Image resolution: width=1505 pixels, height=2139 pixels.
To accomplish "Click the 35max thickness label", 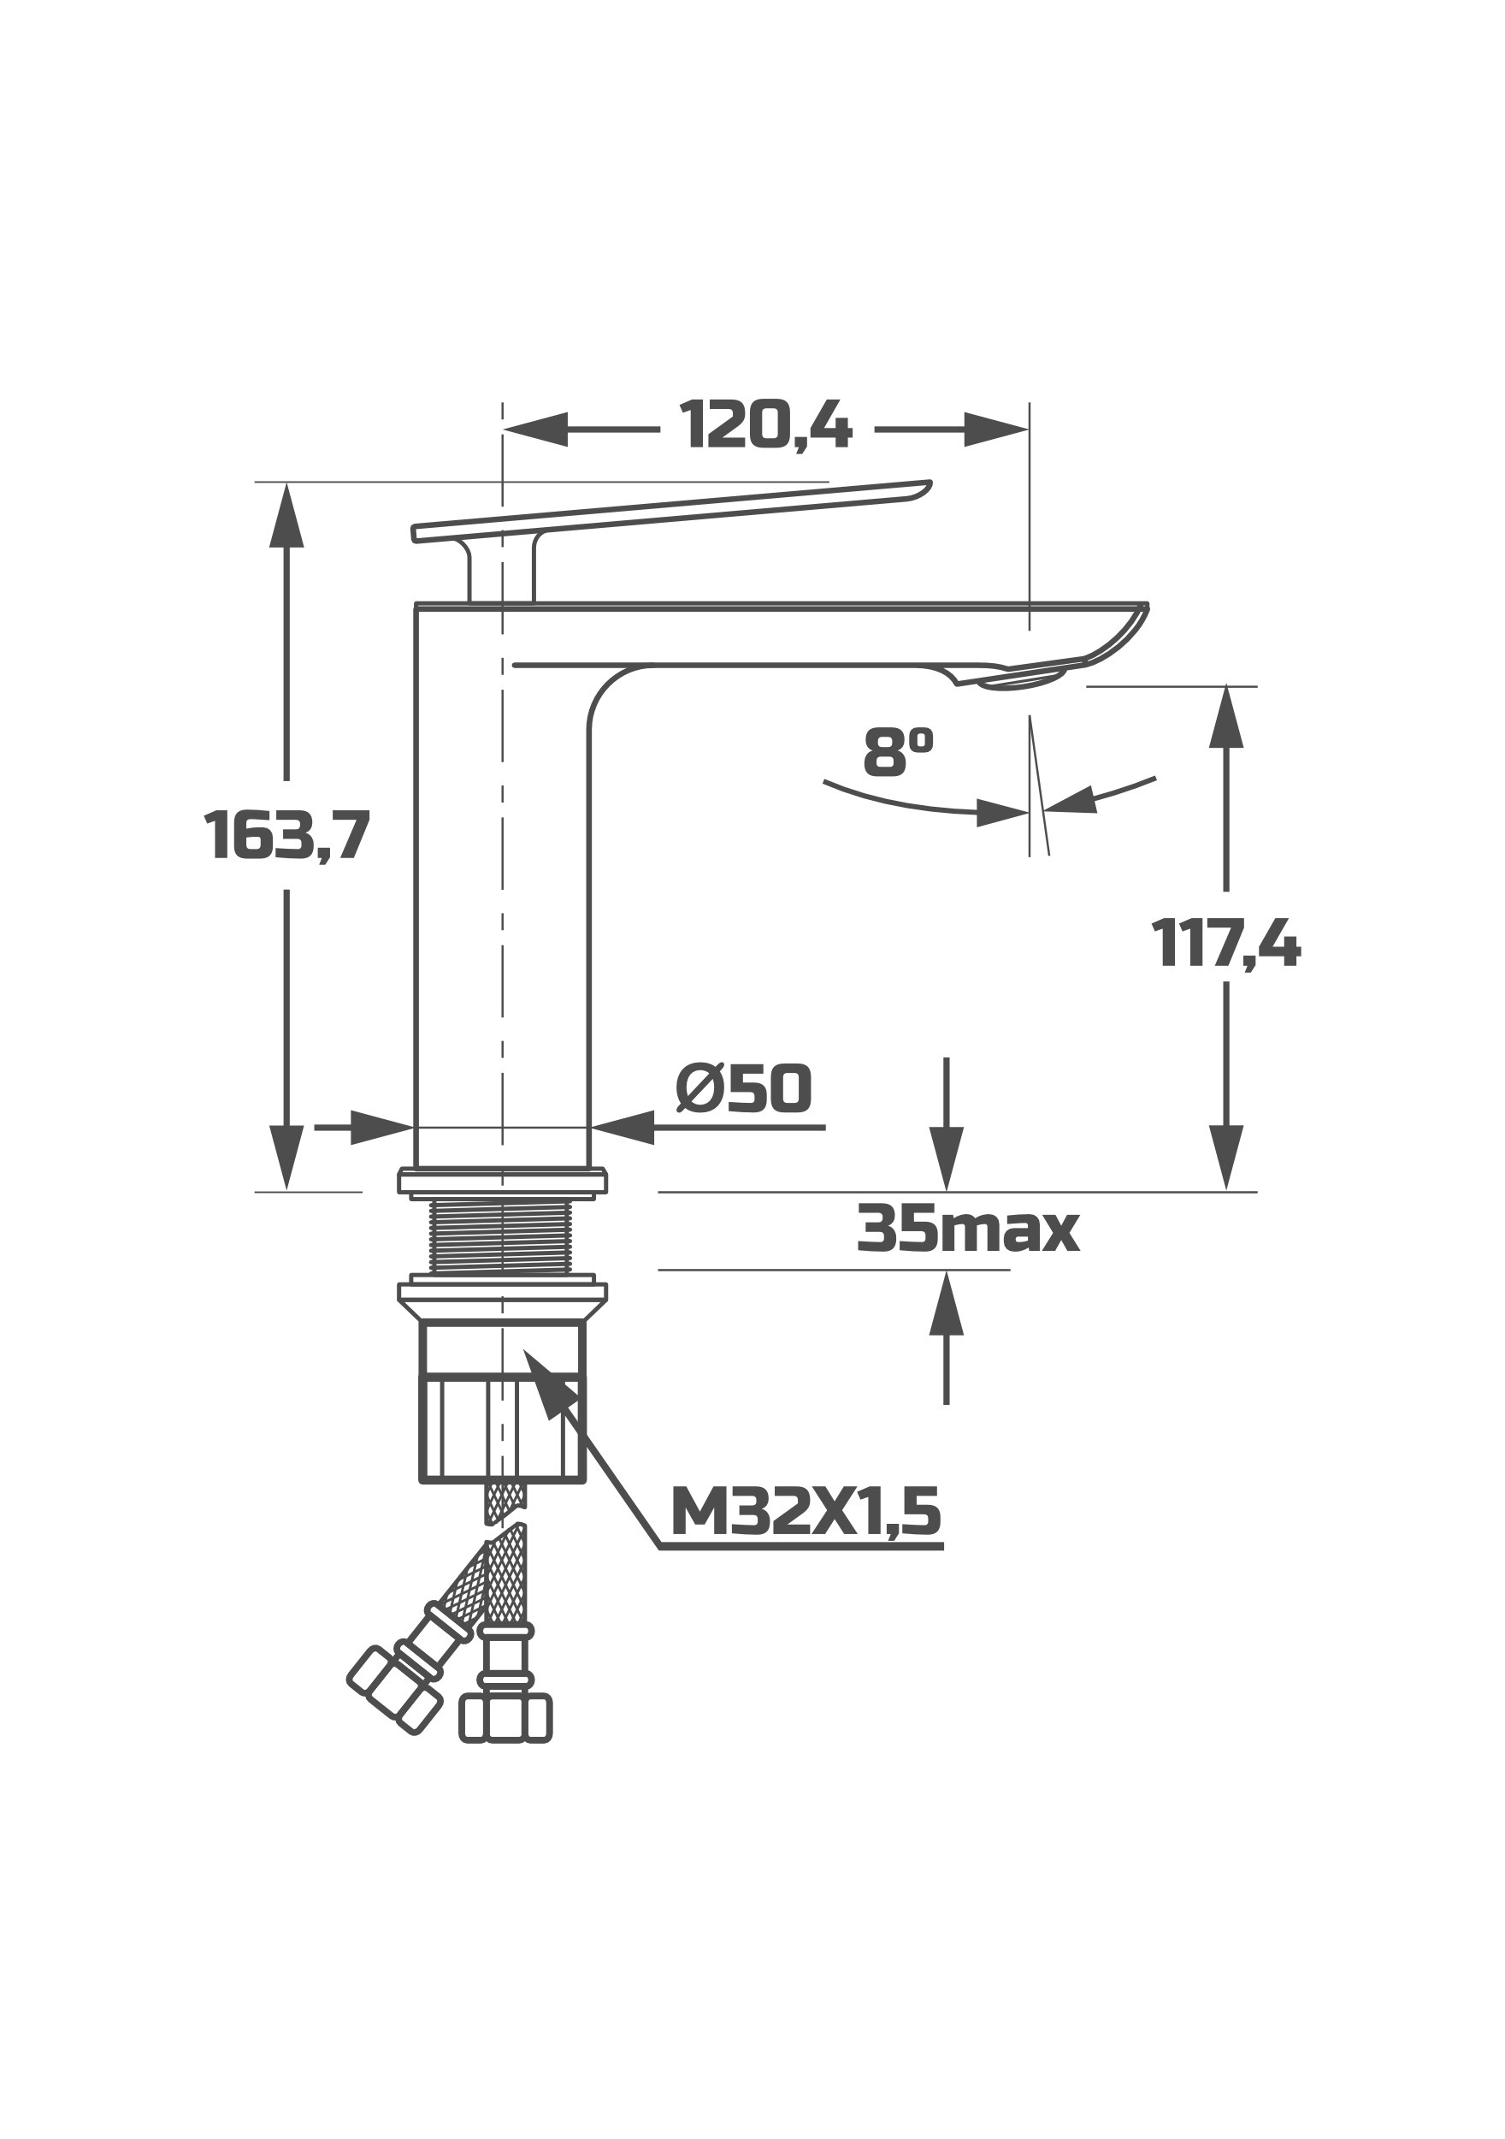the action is tap(968, 1229).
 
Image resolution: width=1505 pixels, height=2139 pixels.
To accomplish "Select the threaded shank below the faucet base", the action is tap(502, 1236).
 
